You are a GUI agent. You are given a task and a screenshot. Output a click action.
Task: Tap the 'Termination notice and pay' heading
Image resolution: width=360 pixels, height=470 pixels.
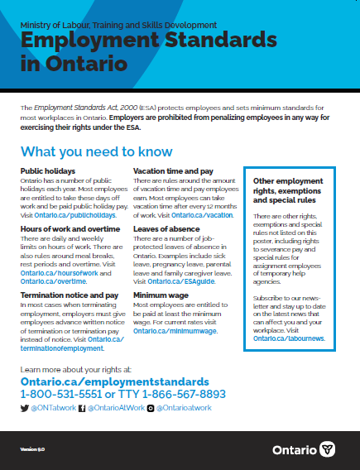(x=63, y=294)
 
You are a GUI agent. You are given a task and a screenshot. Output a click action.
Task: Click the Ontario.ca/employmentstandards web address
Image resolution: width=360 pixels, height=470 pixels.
(x=114, y=383)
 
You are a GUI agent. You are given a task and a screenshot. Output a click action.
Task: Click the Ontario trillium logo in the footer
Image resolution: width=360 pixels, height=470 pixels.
(x=329, y=449)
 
